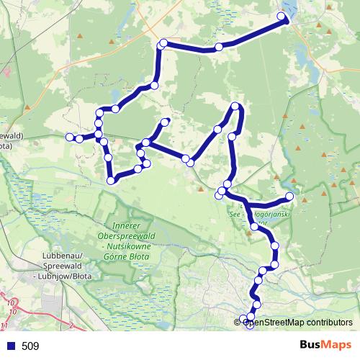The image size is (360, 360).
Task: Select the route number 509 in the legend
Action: click(30, 346)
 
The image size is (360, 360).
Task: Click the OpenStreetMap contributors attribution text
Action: click(296, 322)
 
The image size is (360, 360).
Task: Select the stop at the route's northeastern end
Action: click(282, 16)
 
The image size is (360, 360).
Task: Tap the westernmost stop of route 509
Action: click(70, 137)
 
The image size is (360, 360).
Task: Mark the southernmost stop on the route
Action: click(250, 325)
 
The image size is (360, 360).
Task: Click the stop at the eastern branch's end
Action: click(289, 196)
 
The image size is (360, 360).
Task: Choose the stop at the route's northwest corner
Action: click(163, 43)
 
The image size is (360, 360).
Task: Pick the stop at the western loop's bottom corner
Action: click(111, 181)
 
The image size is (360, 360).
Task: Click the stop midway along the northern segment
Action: click(219, 48)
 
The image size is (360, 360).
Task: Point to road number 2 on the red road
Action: click(73, 325)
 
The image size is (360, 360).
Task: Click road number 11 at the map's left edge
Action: click(4, 326)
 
